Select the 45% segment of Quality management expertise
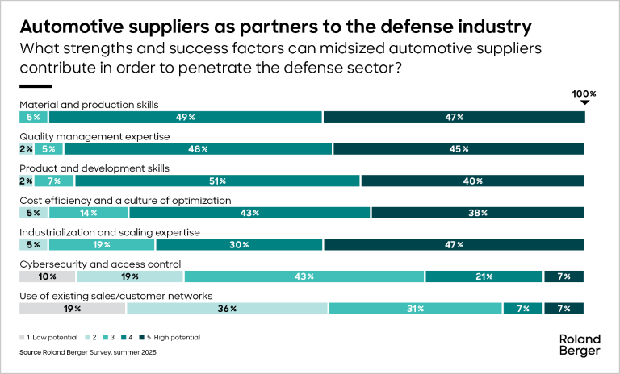coord(459,149)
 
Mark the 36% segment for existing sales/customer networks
coord(227,308)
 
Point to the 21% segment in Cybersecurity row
coord(484,276)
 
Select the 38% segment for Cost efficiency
coord(478,213)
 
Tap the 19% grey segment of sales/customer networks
coord(73,308)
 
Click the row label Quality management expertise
coord(94,136)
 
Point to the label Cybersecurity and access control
coord(100,264)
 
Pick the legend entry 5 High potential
coord(169,337)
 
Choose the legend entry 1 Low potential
coord(50,337)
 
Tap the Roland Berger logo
coord(580,344)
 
